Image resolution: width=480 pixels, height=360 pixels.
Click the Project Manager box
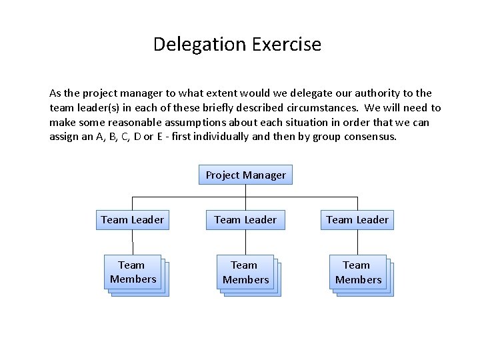click(x=245, y=175)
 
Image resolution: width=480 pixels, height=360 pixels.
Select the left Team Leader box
click(x=132, y=219)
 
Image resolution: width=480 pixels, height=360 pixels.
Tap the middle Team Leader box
click(x=245, y=219)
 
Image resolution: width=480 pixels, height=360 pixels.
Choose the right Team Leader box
click(x=357, y=219)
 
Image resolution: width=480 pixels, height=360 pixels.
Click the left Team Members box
click(x=133, y=272)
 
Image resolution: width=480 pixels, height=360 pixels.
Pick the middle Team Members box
click(x=245, y=273)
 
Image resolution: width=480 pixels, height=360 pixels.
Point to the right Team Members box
click(x=358, y=273)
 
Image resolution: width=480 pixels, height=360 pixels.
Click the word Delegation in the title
click(x=199, y=45)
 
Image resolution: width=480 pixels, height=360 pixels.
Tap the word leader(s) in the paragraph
click(x=101, y=108)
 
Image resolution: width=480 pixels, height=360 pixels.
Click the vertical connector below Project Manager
click(x=246, y=191)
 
